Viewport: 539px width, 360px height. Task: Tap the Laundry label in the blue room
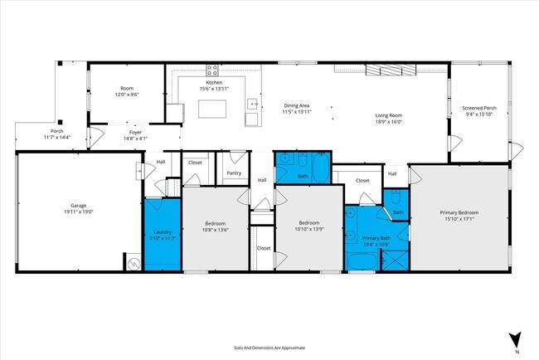click(162, 232)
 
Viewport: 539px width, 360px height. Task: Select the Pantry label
click(233, 173)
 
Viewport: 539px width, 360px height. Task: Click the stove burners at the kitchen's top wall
click(212, 71)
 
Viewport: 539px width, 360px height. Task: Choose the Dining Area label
click(296, 106)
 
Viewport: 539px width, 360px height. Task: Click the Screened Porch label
click(478, 108)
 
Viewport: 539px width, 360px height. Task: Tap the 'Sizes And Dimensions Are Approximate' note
click(269, 349)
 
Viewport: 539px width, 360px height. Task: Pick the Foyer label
click(134, 132)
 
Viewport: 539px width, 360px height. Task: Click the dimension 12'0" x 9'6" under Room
click(127, 95)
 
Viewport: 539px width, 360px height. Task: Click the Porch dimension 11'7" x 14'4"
click(57, 137)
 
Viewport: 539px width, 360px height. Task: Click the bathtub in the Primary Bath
click(362, 264)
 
